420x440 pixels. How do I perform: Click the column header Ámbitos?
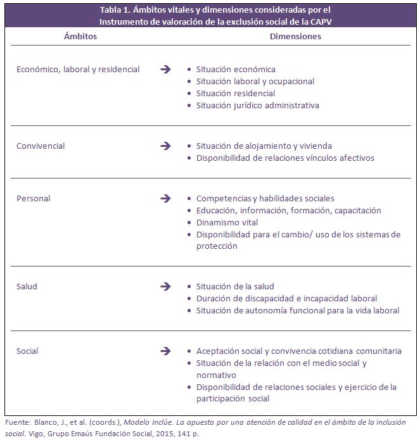pyautogui.click(x=80, y=36)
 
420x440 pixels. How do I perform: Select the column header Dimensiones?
pyautogui.click(x=295, y=36)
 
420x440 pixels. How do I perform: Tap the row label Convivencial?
pyautogui.click(x=41, y=146)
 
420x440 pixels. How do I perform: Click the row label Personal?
pyautogui.click(x=34, y=199)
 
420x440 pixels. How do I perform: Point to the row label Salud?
pyautogui.click(x=27, y=286)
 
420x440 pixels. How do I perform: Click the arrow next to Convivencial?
pyautogui.click(x=166, y=146)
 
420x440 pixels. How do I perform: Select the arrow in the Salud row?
pyautogui.click(x=166, y=286)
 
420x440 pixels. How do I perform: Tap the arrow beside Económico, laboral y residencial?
pyautogui.click(x=166, y=69)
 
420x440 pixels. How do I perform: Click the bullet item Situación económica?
pyautogui.click(x=236, y=70)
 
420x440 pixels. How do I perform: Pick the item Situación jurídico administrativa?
pyautogui.click(x=257, y=106)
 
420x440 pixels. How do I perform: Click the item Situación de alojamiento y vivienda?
pyautogui.click(x=264, y=146)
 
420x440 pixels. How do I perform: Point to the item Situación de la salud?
pyautogui.click(x=235, y=286)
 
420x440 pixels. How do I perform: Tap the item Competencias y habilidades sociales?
pyautogui.click(x=265, y=199)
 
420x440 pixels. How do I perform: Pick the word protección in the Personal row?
pyautogui.click(x=217, y=246)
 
